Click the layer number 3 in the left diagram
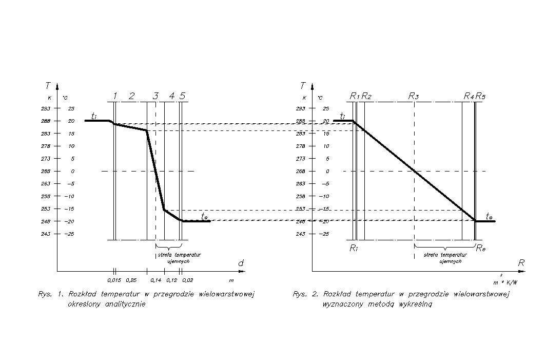(155, 96)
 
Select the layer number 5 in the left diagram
(183, 96)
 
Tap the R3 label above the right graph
(413, 96)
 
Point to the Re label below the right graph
(481, 249)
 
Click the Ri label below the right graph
(354, 249)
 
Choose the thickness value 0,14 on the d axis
(156, 280)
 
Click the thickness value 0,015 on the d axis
(114, 280)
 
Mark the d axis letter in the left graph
(240, 263)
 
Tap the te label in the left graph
(205, 216)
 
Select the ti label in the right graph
(342, 117)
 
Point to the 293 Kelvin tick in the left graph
(46, 108)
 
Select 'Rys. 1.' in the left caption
(49, 295)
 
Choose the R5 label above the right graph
(481, 96)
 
